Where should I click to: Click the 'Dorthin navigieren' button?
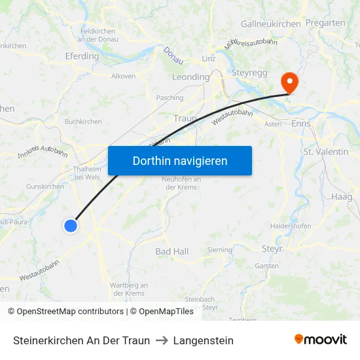click(180, 160)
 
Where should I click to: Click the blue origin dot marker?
click(71, 226)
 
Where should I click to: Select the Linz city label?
click(209, 59)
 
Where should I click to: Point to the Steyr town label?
click(272, 249)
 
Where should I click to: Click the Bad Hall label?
click(172, 251)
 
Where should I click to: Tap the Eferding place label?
click(82, 56)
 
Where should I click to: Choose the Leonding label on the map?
click(190, 77)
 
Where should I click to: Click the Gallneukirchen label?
click(271, 24)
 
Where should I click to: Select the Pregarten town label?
click(325, 23)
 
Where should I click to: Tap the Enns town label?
click(301, 123)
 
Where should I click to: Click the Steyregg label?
click(249, 73)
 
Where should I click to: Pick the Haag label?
click(342, 196)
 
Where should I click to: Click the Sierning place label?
click(219, 249)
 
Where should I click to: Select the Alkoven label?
click(124, 76)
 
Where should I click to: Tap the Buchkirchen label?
click(83, 122)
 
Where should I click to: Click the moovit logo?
click(321, 340)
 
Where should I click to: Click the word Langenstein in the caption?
click(204, 340)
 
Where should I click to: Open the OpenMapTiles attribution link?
click(166, 312)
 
